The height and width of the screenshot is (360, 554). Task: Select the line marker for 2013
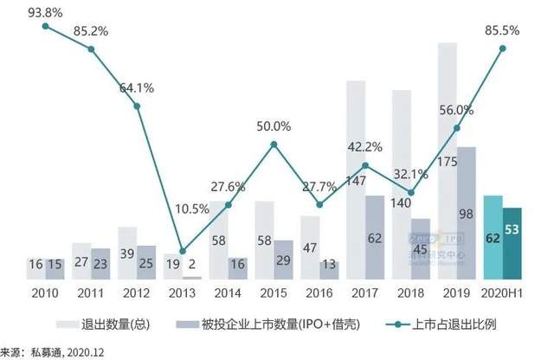[x=182, y=250]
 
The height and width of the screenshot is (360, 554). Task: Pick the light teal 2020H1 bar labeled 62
[x=492, y=237]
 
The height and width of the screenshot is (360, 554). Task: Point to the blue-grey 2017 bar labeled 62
[x=374, y=237]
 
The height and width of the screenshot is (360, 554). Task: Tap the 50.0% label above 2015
[x=274, y=126]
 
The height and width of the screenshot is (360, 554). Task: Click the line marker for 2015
[x=274, y=144]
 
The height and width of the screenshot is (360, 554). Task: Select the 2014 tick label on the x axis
[x=228, y=294]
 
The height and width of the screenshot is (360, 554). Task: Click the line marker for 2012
[x=136, y=106]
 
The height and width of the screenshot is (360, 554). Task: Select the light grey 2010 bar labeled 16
[x=35, y=268]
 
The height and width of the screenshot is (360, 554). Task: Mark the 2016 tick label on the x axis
[x=319, y=294]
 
